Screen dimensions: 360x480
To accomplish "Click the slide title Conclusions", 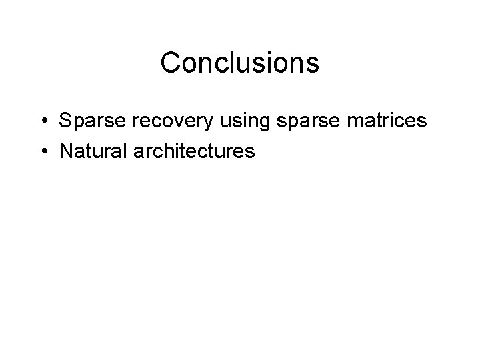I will coord(240,63).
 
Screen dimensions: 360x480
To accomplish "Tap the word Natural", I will coord(93,152).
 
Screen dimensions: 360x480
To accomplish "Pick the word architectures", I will coord(195,152).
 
